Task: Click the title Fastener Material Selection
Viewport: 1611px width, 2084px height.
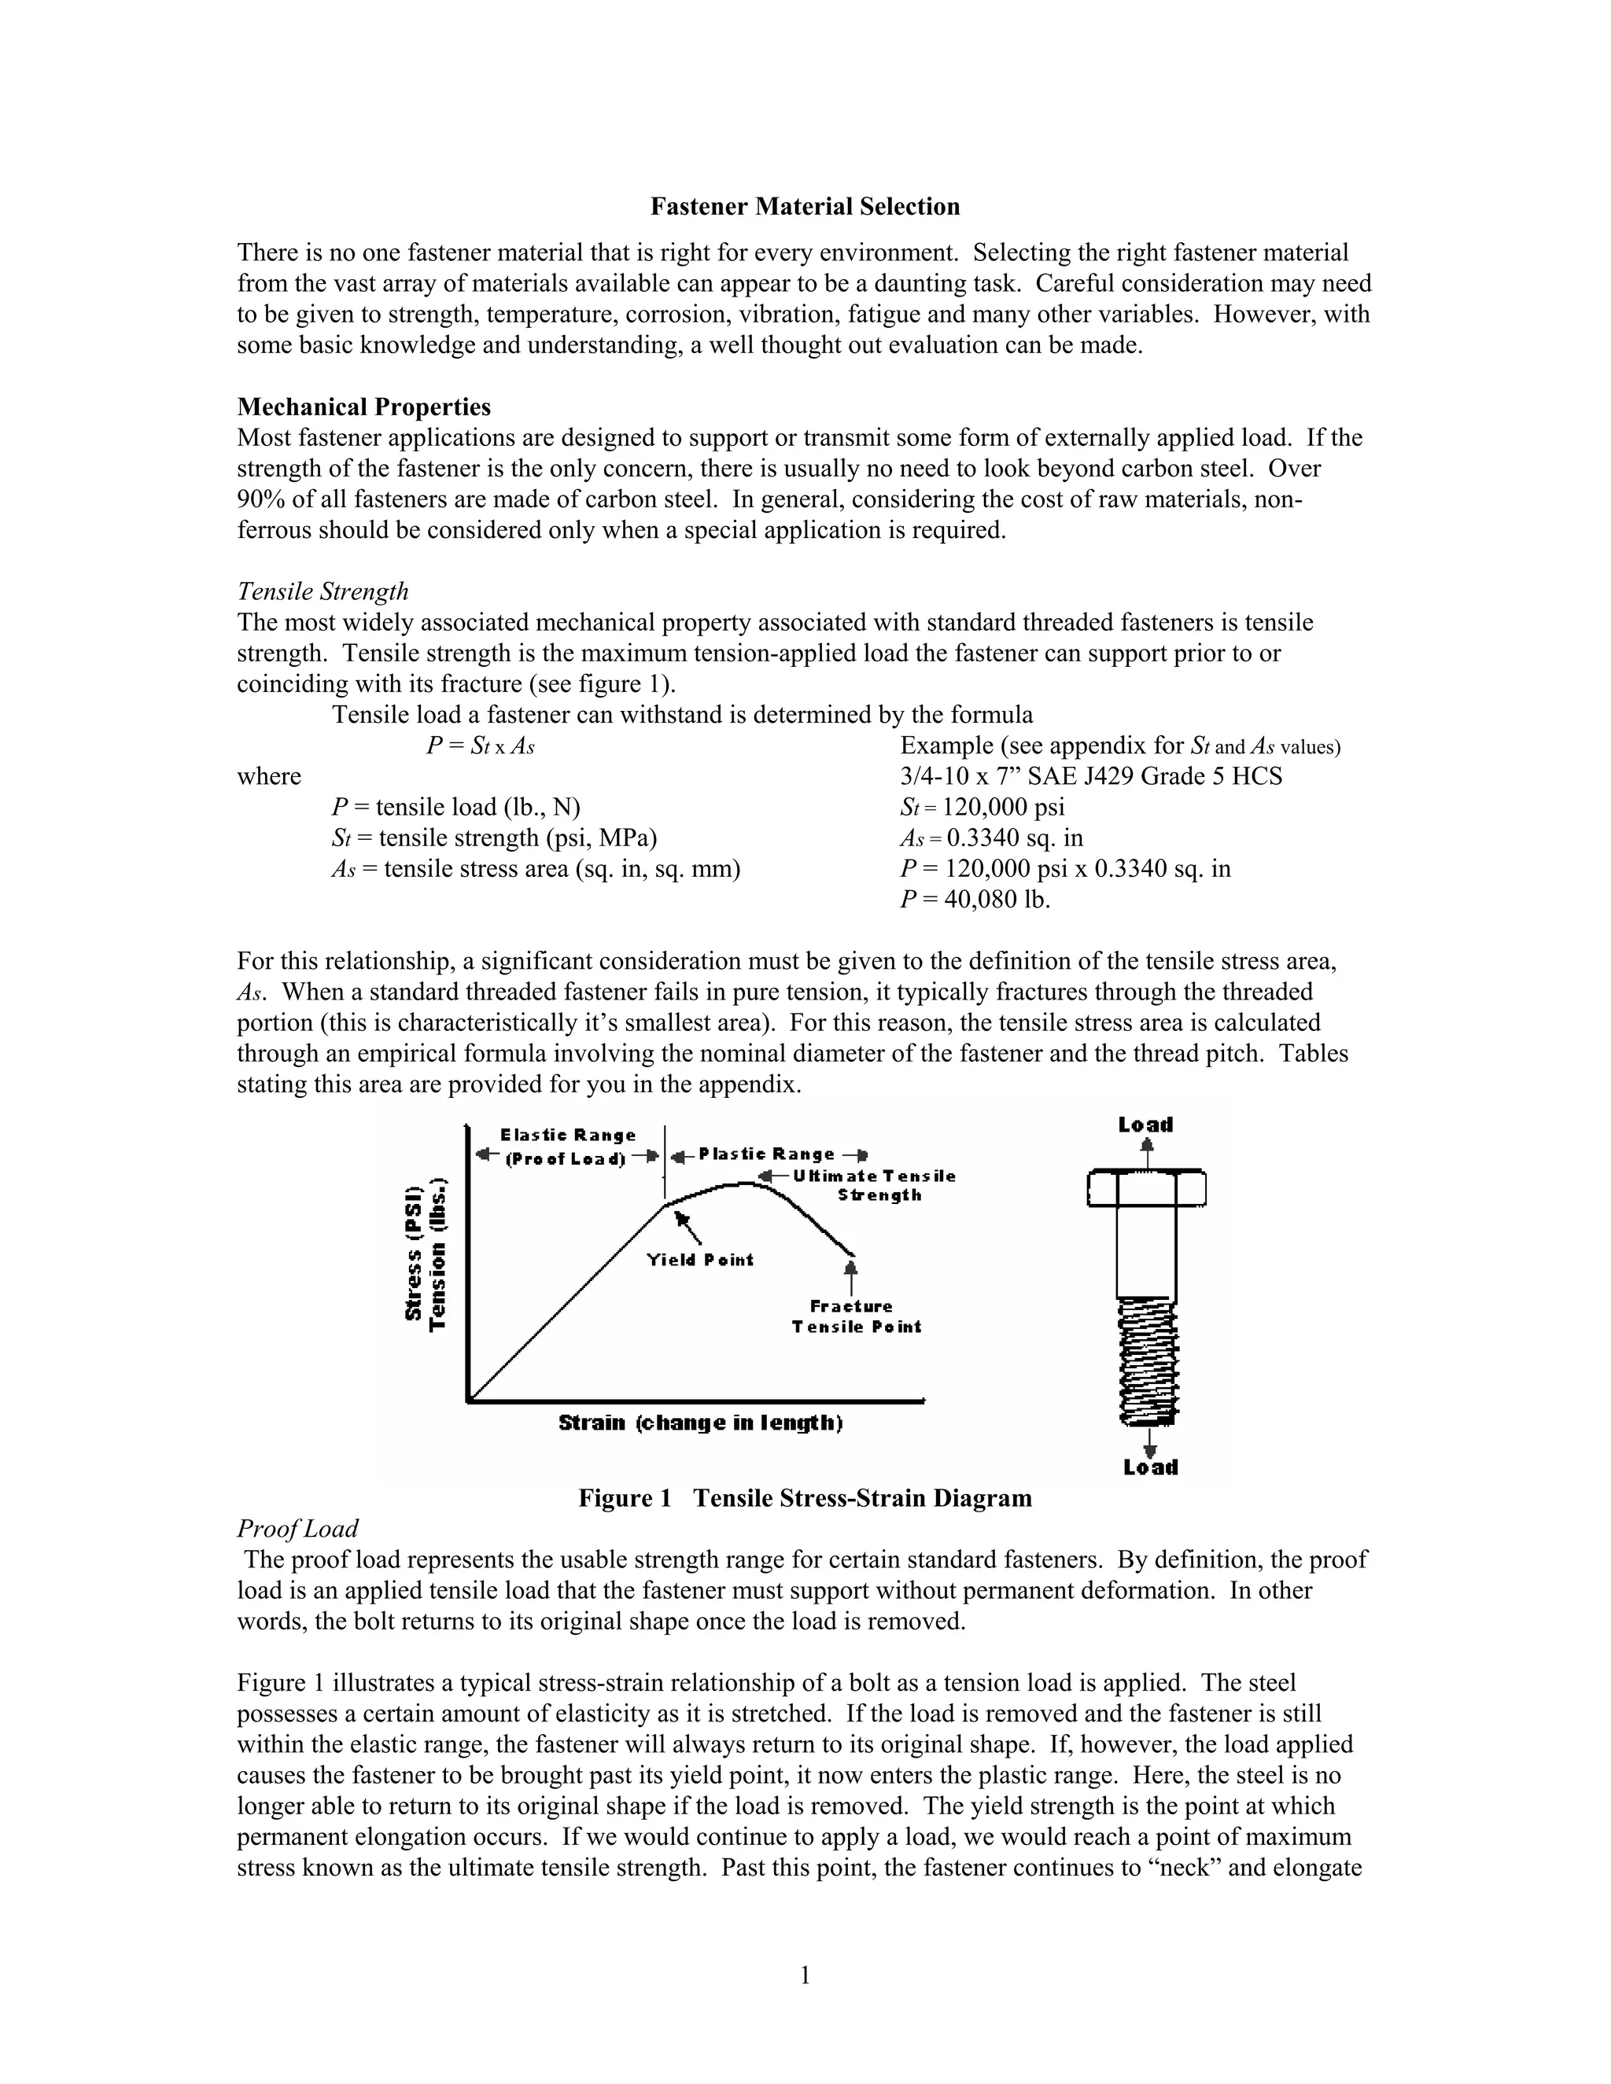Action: (x=805, y=207)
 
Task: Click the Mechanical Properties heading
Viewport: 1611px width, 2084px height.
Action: (x=363, y=407)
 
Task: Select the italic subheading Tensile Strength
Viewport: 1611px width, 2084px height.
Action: (x=323, y=591)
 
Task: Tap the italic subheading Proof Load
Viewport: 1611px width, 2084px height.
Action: (x=297, y=1529)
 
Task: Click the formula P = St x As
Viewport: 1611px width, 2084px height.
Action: (x=480, y=746)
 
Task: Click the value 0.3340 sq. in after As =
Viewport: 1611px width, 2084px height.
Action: (x=1015, y=839)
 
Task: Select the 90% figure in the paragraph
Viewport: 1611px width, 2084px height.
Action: (x=258, y=499)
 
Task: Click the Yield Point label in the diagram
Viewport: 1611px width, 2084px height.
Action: (x=699, y=1260)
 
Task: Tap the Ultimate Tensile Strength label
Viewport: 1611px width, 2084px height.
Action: (x=874, y=1185)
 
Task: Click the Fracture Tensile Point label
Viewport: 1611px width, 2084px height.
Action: (x=855, y=1316)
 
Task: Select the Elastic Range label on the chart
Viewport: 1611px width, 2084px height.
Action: (x=568, y=1136)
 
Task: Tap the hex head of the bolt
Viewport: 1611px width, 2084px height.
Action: (x=1146, y=1188)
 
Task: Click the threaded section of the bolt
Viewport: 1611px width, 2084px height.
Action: (x=1147, y=1359)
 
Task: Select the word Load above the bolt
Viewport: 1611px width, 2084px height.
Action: (x=1145, y=1125)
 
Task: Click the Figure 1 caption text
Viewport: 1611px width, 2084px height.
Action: (x=805, y=1498)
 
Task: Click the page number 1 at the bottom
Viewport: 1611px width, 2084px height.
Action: (x=805, y=1975)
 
